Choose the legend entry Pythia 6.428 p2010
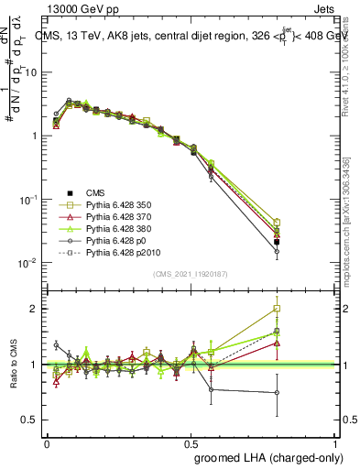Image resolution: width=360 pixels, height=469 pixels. point(119,262)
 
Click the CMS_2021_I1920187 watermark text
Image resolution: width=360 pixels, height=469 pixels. point(190,272)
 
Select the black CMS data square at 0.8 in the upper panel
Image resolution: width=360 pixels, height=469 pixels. point(277,242)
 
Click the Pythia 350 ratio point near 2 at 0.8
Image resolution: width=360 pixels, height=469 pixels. point(277,309)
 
